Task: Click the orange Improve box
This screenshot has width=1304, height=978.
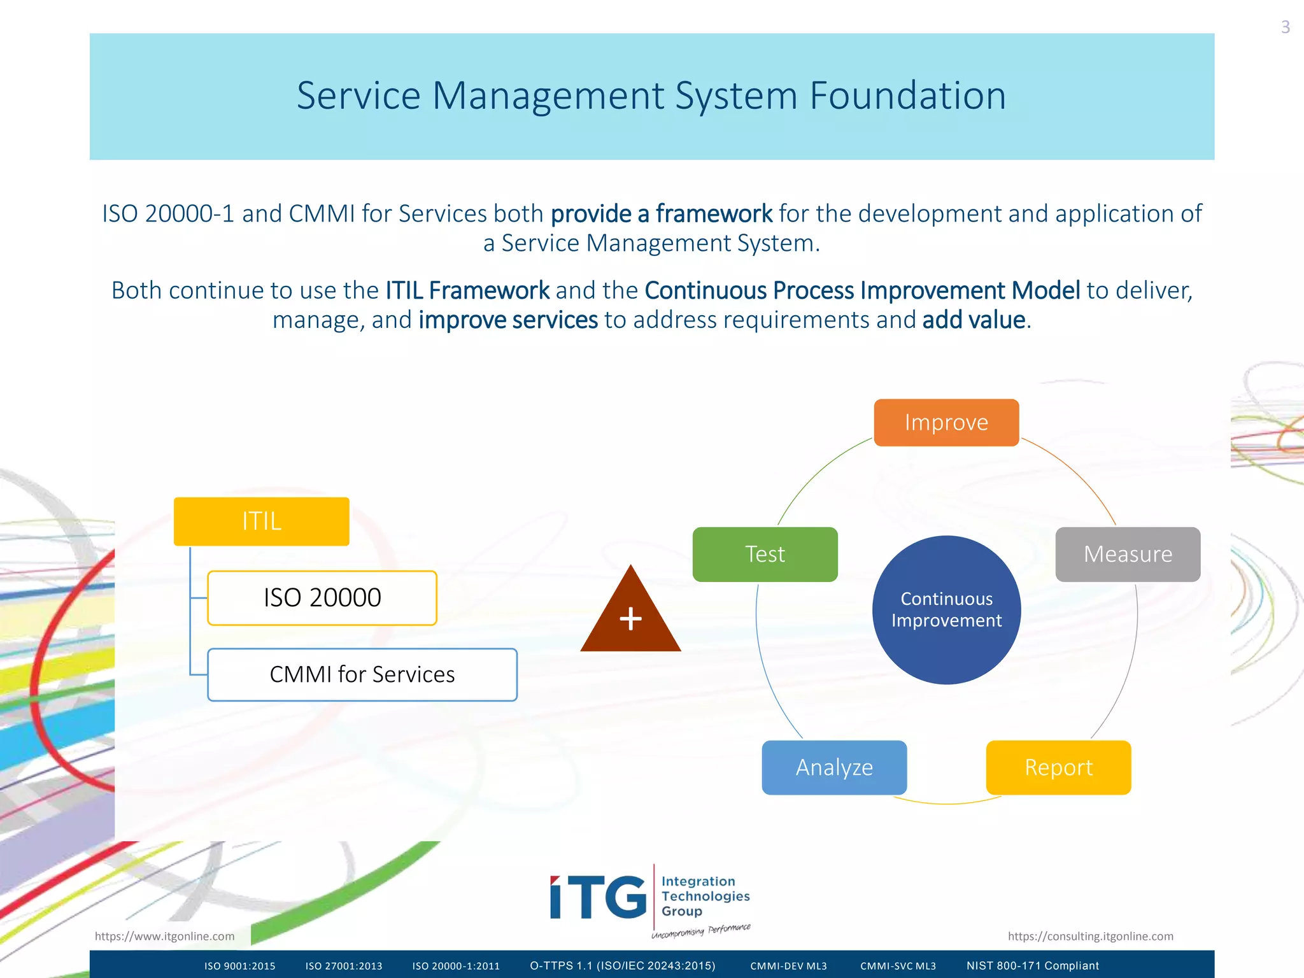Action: [946, 423]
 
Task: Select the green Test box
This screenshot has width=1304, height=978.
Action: [765, 554]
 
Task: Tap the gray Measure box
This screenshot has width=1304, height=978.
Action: [1128, 554]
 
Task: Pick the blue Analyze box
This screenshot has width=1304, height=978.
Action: [834, 767]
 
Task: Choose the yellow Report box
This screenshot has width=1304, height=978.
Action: [1058, 767]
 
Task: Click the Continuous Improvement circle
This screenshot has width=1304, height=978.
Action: [946, 609]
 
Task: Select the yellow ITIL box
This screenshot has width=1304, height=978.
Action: [261, 521]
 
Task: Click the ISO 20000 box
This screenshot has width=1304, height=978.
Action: [322, 598]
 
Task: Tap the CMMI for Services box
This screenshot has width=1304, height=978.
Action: [362, 674]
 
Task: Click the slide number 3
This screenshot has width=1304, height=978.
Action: [1285, 27]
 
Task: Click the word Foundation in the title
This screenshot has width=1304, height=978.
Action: [907, 96]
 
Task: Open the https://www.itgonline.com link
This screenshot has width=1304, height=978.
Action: [164, 936]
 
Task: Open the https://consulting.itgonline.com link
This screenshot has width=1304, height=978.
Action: [1090, 936]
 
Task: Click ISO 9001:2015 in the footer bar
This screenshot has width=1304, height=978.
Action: [239, 966]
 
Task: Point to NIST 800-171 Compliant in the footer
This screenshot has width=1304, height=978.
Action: [1032, 966]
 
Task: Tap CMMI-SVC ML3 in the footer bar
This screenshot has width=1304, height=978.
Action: [898, 966]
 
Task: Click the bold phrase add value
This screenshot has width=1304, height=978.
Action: [974, 320]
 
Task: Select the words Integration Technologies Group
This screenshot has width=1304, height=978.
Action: [705, 896]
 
